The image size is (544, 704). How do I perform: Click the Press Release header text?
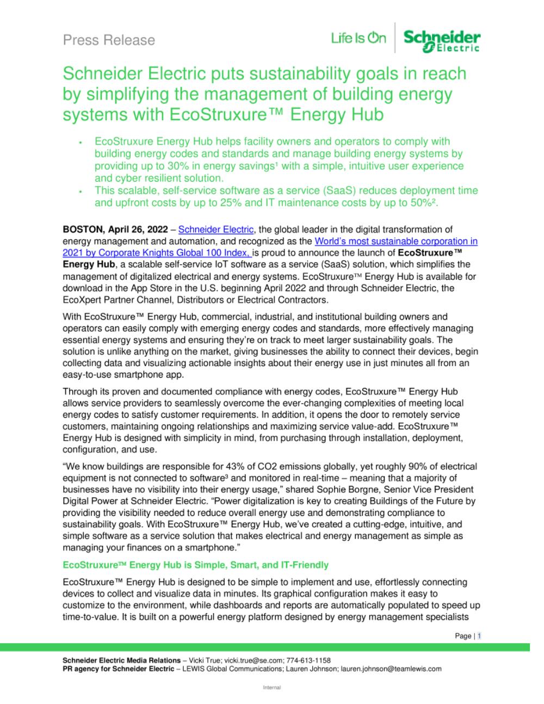[x=109, y=40]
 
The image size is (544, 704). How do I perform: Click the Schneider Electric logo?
[x=442, y=41]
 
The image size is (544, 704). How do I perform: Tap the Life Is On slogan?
[x=358, y=38]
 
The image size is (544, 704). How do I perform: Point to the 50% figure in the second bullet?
[x=425, y=202]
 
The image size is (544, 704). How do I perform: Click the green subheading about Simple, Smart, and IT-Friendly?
[x=196, y=565]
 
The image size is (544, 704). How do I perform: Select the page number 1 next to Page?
[x=479, y=636]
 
